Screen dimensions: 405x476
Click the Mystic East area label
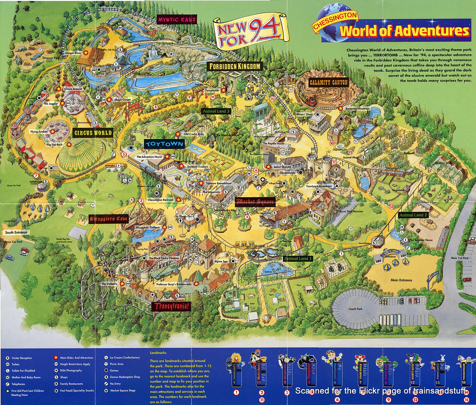click(177, 20)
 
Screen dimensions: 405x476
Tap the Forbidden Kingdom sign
click(235, 66)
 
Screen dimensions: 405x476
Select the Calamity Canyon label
click(328, 83)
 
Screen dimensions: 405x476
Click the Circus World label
click(93, 133)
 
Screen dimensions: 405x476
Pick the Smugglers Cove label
click(108, 219)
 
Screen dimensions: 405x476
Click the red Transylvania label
click(171, 306)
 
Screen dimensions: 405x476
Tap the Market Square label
click(255, 202)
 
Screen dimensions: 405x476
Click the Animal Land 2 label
click(413, 215)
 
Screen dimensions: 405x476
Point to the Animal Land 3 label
click(216, 112)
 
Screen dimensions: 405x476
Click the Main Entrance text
click(401, 280)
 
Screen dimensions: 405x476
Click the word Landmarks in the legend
click(159, 352)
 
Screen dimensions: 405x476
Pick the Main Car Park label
click(460, 258)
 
